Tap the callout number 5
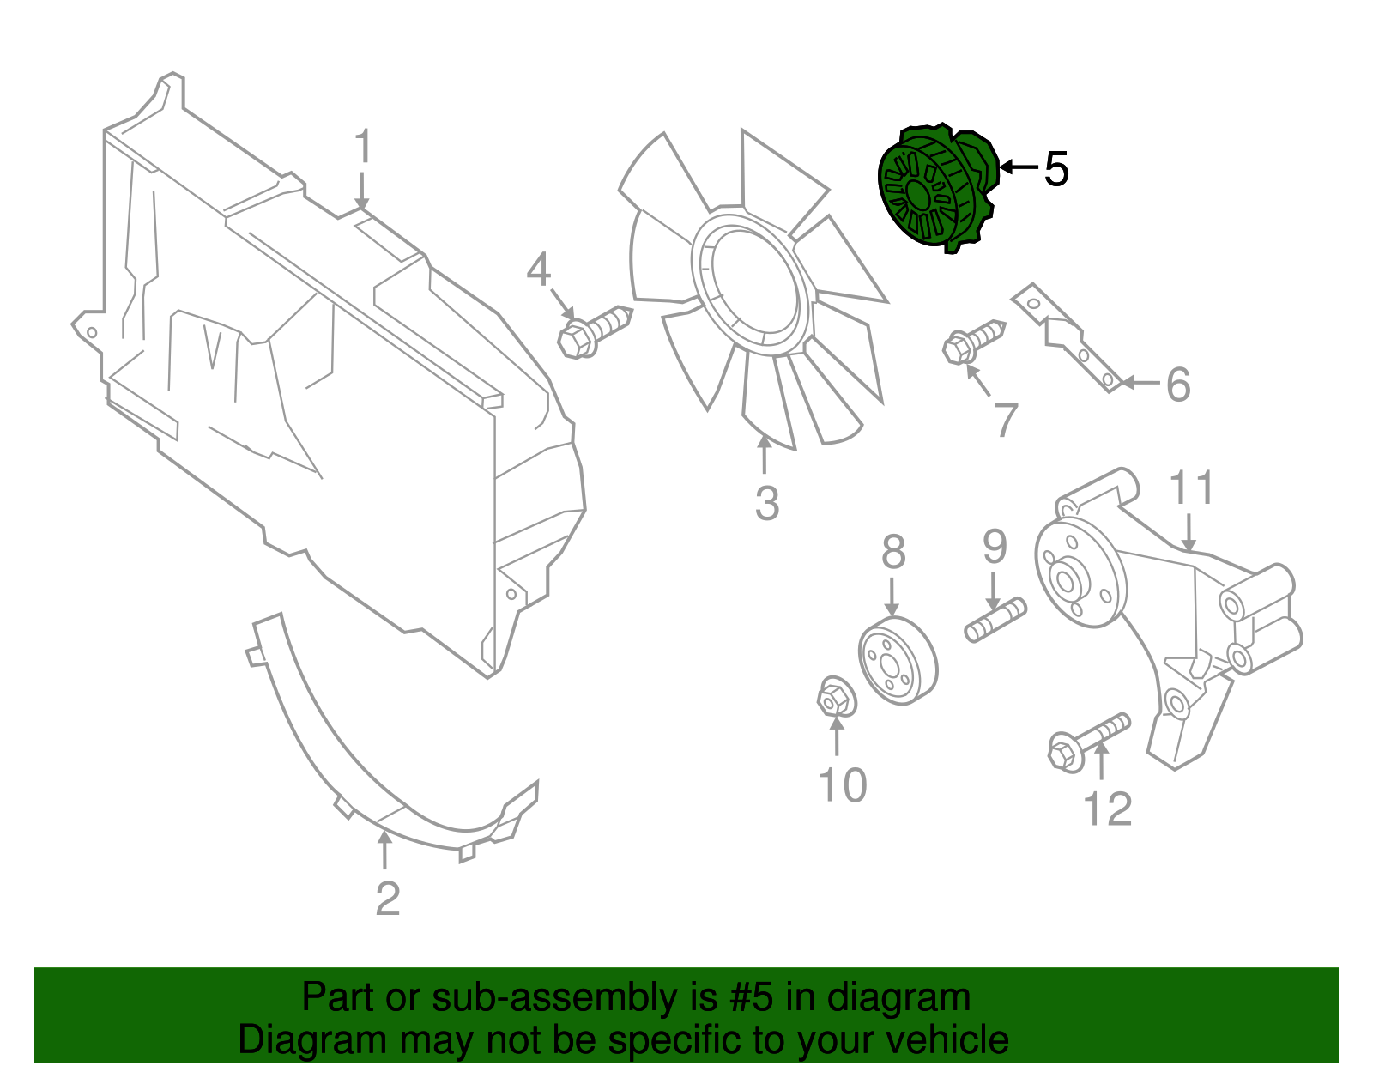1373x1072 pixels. [1056, 169]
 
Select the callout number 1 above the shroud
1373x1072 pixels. [363, 148]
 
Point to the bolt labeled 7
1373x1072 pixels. [973, 341]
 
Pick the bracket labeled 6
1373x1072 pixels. [1068, 339]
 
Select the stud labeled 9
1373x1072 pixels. [995, 620]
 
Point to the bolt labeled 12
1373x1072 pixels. [1087, 742]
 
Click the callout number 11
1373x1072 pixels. [1193, 488]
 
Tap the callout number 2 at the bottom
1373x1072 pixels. [387, 899]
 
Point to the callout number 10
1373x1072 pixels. [843, 784]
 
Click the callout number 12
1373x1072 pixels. [1108, 809]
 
